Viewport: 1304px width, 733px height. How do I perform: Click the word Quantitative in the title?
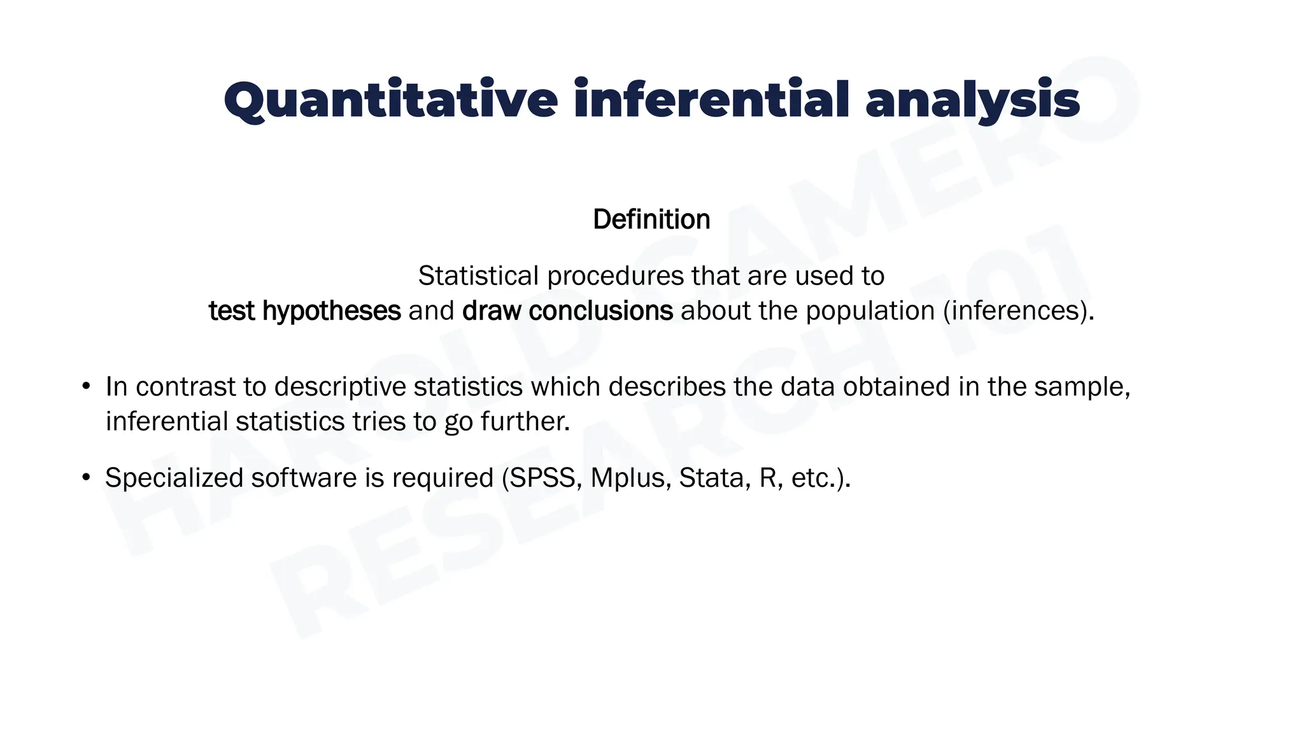coord(390,101)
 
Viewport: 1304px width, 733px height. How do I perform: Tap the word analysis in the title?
coord(972,101)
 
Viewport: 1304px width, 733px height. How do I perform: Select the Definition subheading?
coord(651,220)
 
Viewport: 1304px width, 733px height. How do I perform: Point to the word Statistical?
coord(478,276)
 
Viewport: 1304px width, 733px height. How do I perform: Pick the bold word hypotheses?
coord(332,311)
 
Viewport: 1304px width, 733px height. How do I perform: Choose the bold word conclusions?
coord(600,311)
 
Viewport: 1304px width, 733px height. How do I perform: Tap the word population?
coord(872,311)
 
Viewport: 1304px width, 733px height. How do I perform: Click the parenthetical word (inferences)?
coord(1018,311)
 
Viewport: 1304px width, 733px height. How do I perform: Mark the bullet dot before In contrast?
coord(86,387)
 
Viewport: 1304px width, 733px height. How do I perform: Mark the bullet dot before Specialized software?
coord(86,478)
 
